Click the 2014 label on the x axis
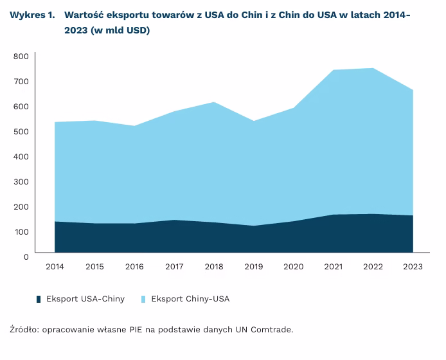(55, 267)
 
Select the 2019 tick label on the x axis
(254, 267)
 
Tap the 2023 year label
(413, 267)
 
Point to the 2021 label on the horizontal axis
(334, 267)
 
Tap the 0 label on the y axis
(26, 256)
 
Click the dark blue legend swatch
(39, 299)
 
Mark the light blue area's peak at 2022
(373, 68)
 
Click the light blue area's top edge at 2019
(254, 121)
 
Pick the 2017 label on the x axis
(174, 267)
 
